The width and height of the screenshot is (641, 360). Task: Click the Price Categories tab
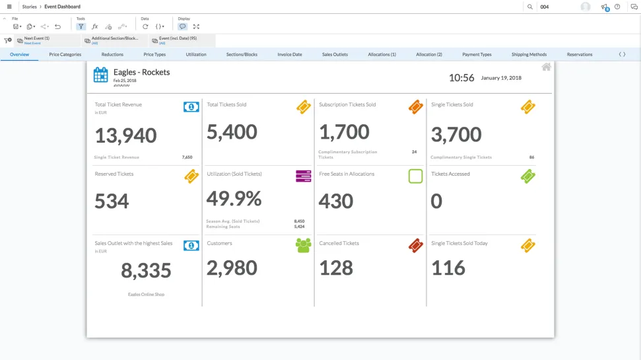click(x=65, y=54)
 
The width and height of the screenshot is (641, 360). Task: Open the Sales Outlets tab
click(x=335, y=54)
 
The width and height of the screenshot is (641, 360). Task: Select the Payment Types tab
click(x=477, y=54)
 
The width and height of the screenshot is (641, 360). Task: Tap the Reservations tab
click(x=580, y=54)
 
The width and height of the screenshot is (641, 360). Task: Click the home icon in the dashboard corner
click(x=546, y=67)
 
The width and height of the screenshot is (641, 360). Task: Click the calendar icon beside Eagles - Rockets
click(x=100, y=75)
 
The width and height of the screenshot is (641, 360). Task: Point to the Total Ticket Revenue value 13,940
click(x=125, y=135)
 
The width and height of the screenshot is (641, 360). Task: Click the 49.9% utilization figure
click(x=234, y=198)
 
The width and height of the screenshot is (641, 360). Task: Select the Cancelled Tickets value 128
click(x=336, y=268)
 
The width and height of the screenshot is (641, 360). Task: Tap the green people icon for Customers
click(x=303, y=246)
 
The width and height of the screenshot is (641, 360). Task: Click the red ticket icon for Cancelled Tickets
click(x=415, y=246)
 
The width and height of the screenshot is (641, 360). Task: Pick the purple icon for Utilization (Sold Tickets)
click(x=303, y=176)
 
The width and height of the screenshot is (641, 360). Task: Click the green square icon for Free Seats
click(x=415, y=176)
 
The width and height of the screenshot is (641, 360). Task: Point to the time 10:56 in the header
click(x=461, y=77)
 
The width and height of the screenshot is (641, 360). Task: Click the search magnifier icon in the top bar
click(x=530, y=7)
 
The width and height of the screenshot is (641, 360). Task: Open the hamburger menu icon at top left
click(x=9, y=7)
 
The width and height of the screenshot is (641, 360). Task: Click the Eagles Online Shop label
click(x=146, y=294)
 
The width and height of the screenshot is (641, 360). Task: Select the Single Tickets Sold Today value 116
click(x=448, y=268)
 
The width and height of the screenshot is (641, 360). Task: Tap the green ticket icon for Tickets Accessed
click(x=527, y=176)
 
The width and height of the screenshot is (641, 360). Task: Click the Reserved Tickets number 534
click(x=112, y=201)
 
